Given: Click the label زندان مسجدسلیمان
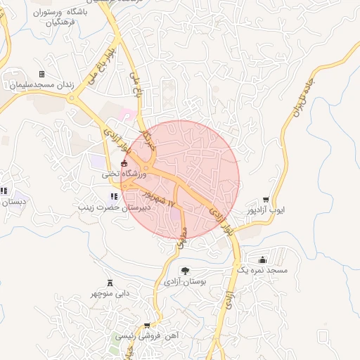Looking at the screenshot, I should coord(40,84).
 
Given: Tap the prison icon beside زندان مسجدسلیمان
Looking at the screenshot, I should coord(41,74).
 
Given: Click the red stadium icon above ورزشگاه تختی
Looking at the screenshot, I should coord(124,163).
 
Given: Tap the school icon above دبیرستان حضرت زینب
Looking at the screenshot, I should coord(114,197).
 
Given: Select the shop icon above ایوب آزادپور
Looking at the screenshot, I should coord(266,200).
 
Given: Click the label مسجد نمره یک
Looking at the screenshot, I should coord(261,270).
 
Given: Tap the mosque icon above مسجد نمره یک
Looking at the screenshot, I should coord(263,259).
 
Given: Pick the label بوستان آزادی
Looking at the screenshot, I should coord(184,281).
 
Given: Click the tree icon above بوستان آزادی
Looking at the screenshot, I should coord(186,271).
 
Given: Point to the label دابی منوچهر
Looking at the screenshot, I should coord(109,292).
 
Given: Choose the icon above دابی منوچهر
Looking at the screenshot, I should coord(109,282).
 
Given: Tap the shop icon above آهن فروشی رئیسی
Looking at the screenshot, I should coord(146,326).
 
